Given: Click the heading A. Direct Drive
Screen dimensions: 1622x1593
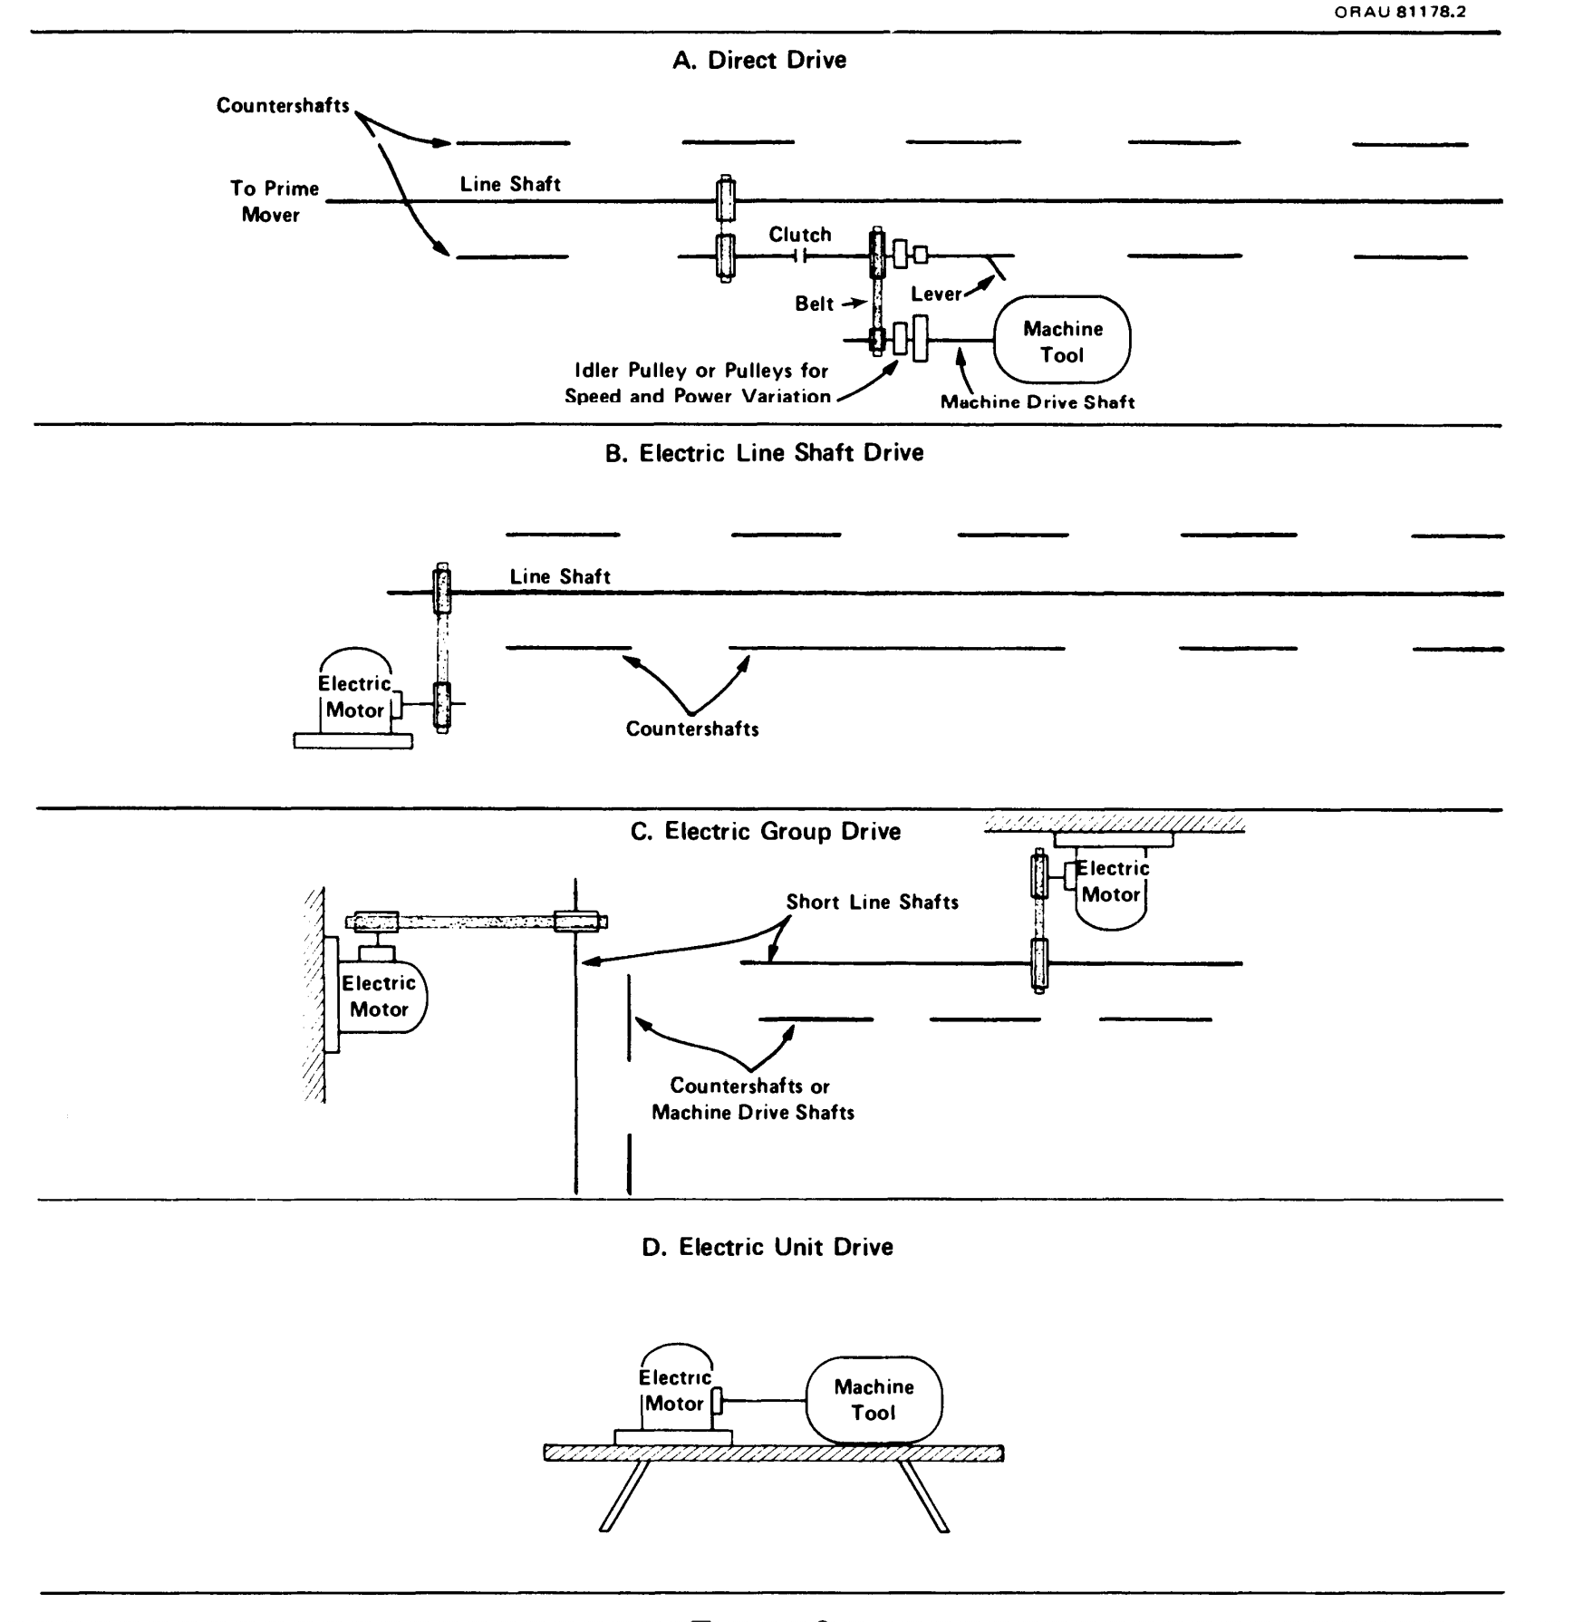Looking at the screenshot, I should coord(759,61).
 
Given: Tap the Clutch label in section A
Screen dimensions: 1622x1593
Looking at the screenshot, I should coord(799,235).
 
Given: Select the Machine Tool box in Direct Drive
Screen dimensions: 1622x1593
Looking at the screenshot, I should coord(1062,341).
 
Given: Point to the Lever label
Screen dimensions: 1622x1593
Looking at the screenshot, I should coord(936,294).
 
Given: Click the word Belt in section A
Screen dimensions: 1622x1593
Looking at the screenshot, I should coord(814,304).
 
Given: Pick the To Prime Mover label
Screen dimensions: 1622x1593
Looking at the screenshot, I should coord(274,201).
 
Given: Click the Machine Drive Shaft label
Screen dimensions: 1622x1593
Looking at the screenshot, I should coord(1037,402).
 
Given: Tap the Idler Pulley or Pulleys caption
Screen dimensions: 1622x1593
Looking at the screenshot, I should coord(697,383).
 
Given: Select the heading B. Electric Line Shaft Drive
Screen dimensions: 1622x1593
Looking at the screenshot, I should coord(764,453).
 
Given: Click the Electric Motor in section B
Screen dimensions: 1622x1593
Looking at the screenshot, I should coord(355,697).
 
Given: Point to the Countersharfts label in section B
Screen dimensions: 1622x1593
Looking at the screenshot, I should coord(692,729).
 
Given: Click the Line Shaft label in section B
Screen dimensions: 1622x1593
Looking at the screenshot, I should coord(560,576).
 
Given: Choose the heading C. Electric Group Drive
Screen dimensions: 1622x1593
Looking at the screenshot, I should coord(765,832).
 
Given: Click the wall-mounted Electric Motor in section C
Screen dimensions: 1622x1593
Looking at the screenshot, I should coord(379,996).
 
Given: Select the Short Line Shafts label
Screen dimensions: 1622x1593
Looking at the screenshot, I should coord(872,902).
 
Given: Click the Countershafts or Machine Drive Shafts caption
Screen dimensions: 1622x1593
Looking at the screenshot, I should coord(752,1099).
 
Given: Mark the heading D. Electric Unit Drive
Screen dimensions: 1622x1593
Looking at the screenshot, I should coord(767,1247).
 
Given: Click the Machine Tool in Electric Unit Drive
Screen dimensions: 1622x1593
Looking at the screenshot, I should coord(874,1400).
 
